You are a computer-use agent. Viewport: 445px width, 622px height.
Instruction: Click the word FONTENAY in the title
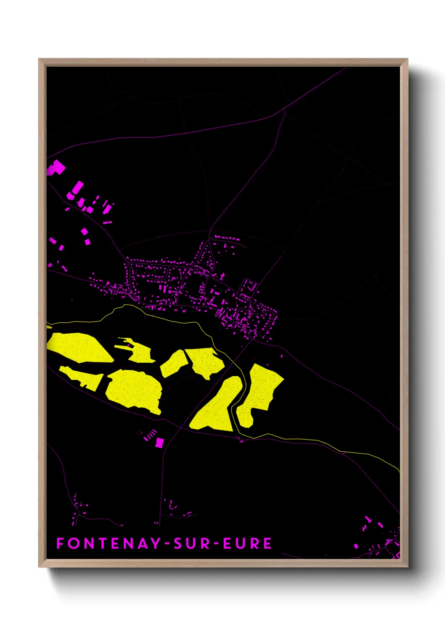[109, 543]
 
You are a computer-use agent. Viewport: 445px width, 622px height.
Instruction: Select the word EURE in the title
[247, 543]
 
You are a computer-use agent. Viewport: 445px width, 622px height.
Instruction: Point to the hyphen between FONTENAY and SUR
[167, 544]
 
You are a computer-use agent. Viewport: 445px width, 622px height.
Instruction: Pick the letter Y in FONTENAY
[156, 543]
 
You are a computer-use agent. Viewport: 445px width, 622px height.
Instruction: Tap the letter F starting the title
[60, 543]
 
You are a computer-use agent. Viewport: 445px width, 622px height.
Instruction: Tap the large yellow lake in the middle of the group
[134, 390]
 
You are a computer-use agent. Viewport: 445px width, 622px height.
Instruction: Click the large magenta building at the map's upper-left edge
[56, 168]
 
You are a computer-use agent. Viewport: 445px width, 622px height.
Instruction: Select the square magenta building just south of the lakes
[159, 443]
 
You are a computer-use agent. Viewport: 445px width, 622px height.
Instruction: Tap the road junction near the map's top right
[285, 109]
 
